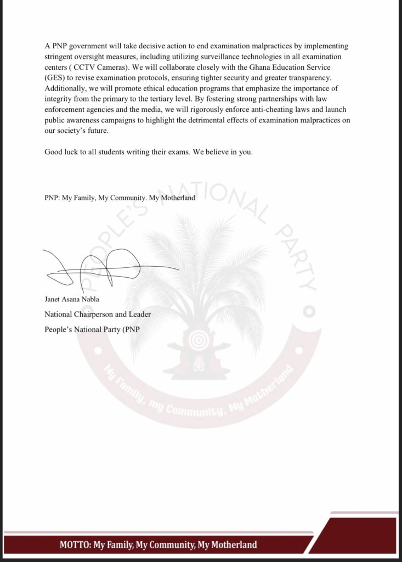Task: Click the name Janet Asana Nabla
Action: (72, 300)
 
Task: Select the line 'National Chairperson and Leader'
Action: (98, 314)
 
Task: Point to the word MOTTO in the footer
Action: (75, 545)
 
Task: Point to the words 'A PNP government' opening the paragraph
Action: (73, 46)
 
